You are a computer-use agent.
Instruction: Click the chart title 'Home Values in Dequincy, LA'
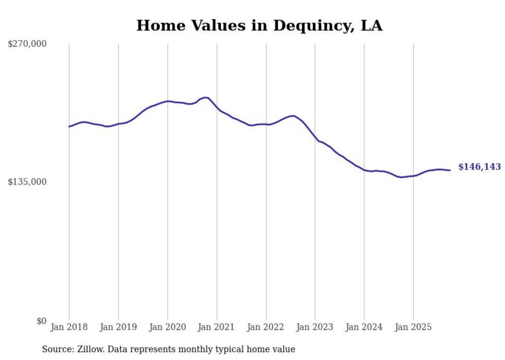(x=259, y=26)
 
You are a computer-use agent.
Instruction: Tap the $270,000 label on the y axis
(x=27, y=44)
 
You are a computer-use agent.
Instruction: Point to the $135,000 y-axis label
(x=27, y=182)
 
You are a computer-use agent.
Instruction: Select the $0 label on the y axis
(x=41, y=321)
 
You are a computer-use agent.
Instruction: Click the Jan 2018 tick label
(x=69, y=327)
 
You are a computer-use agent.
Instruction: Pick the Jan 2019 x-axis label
(x=119, y=327)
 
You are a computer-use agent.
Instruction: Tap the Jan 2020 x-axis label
(x=167, y=327)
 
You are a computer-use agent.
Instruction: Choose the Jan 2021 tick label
(x=217, y=327)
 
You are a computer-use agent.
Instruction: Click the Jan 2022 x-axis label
(x=266, y=327)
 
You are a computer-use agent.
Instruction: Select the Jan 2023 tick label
(x=315, y=327)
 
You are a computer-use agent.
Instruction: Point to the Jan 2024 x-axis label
(x=364, y=327)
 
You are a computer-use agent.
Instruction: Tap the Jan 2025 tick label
(x=413, y=327)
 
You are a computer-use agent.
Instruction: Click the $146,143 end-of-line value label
(x=479, y=167)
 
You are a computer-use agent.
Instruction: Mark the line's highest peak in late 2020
(x=205, y=97)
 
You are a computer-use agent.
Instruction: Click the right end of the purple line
(x=450, y=170)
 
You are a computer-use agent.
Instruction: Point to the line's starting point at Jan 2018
(x=69, y=126)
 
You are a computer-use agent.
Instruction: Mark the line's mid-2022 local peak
(x=293, y=116)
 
